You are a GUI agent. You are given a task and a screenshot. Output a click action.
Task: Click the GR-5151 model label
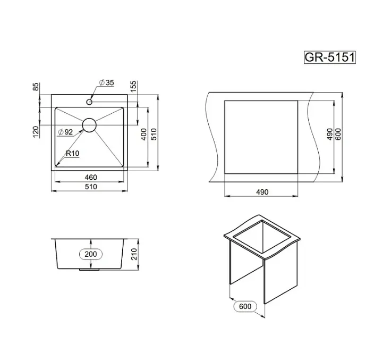tap(330, 57)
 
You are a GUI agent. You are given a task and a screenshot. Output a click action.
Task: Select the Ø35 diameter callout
tap(106, 82)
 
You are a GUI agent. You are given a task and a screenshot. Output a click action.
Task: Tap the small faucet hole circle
tap(89, 102)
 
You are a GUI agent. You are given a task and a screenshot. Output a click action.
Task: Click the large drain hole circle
tap(89, 125)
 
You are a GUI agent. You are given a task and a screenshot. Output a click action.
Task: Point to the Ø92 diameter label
tap(65, 132)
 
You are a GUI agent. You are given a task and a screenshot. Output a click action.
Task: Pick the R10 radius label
tap(72, 153)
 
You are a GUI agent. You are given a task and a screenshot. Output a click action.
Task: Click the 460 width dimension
tap(91, 177)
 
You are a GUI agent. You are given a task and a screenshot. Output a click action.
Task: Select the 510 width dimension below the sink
tap(91, 187)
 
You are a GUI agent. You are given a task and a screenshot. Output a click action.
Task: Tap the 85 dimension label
tap(36, 87)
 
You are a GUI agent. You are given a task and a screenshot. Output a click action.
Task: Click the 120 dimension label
tap(36, 131)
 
